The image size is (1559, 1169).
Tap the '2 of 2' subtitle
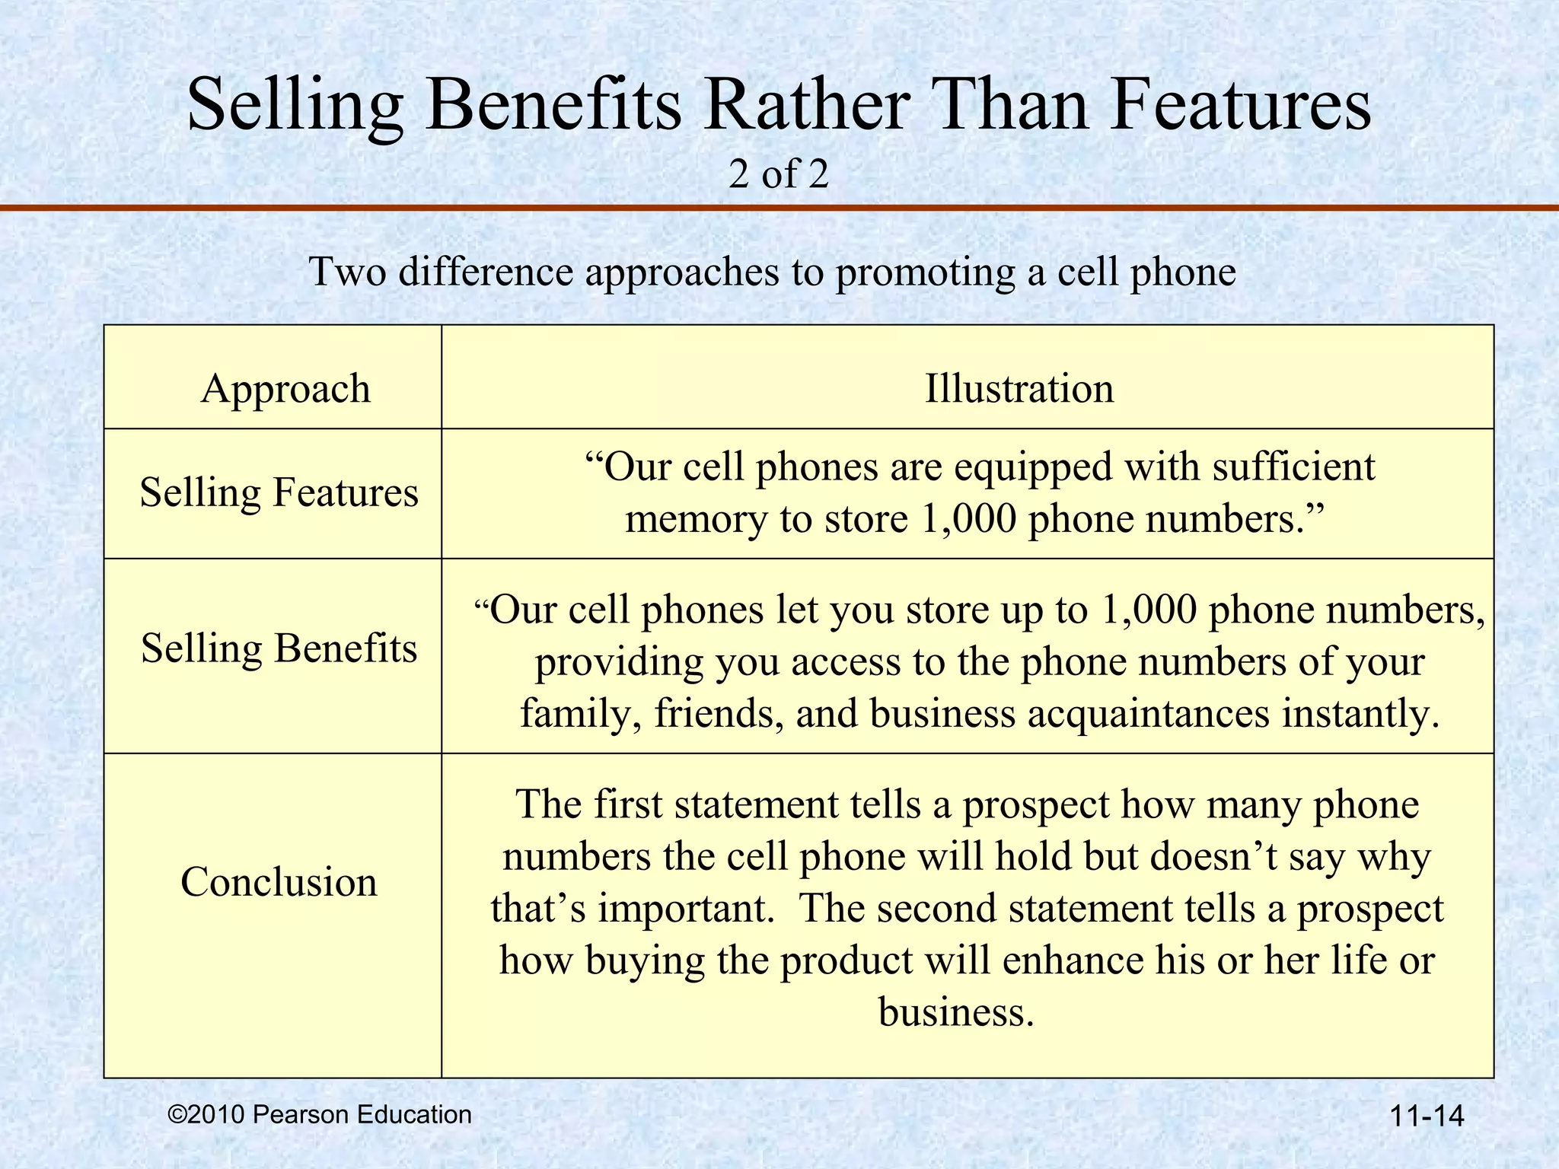pyautogui.click(x=778, y=174)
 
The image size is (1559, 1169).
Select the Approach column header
pyautogui.click(x=285, y=388)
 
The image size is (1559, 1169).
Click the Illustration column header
pyautogui.click(x=1019, y=388)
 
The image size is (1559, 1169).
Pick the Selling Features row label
pyautogui.click(x=279, y=492)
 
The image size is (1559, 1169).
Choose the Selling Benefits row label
pyautogui.click(x=279, y=648)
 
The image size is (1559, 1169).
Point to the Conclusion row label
pyautogui.click(x=279, y=882)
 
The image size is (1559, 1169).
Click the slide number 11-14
pyautogui.click(x=1427, y=1116)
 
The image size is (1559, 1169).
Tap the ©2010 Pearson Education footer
pyautogui.click(x=320, y=1114)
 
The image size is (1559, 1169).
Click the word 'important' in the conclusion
pyautogui.click(x=685, y=909)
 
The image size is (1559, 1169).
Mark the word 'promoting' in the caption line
pyautogui.click(x=925, y=272)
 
